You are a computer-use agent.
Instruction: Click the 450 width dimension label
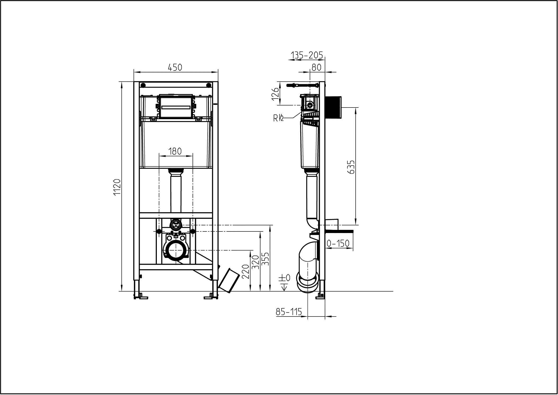click(175, 68)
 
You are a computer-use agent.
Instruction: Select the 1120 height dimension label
click(117, 187)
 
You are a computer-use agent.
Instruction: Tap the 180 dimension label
click(175, 151)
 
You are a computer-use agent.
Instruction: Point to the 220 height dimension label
click(245, 271)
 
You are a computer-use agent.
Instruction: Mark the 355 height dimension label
click(266, 258)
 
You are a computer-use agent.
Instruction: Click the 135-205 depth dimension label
click(307, 55)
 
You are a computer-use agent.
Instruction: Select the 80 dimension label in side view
click(316, 67)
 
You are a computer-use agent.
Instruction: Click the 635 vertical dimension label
click(351, 167)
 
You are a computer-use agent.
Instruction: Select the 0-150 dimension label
click(339, 243)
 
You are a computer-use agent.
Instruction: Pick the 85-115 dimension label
click(289, 312)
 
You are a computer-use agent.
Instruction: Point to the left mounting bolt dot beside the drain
click(159, 232)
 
